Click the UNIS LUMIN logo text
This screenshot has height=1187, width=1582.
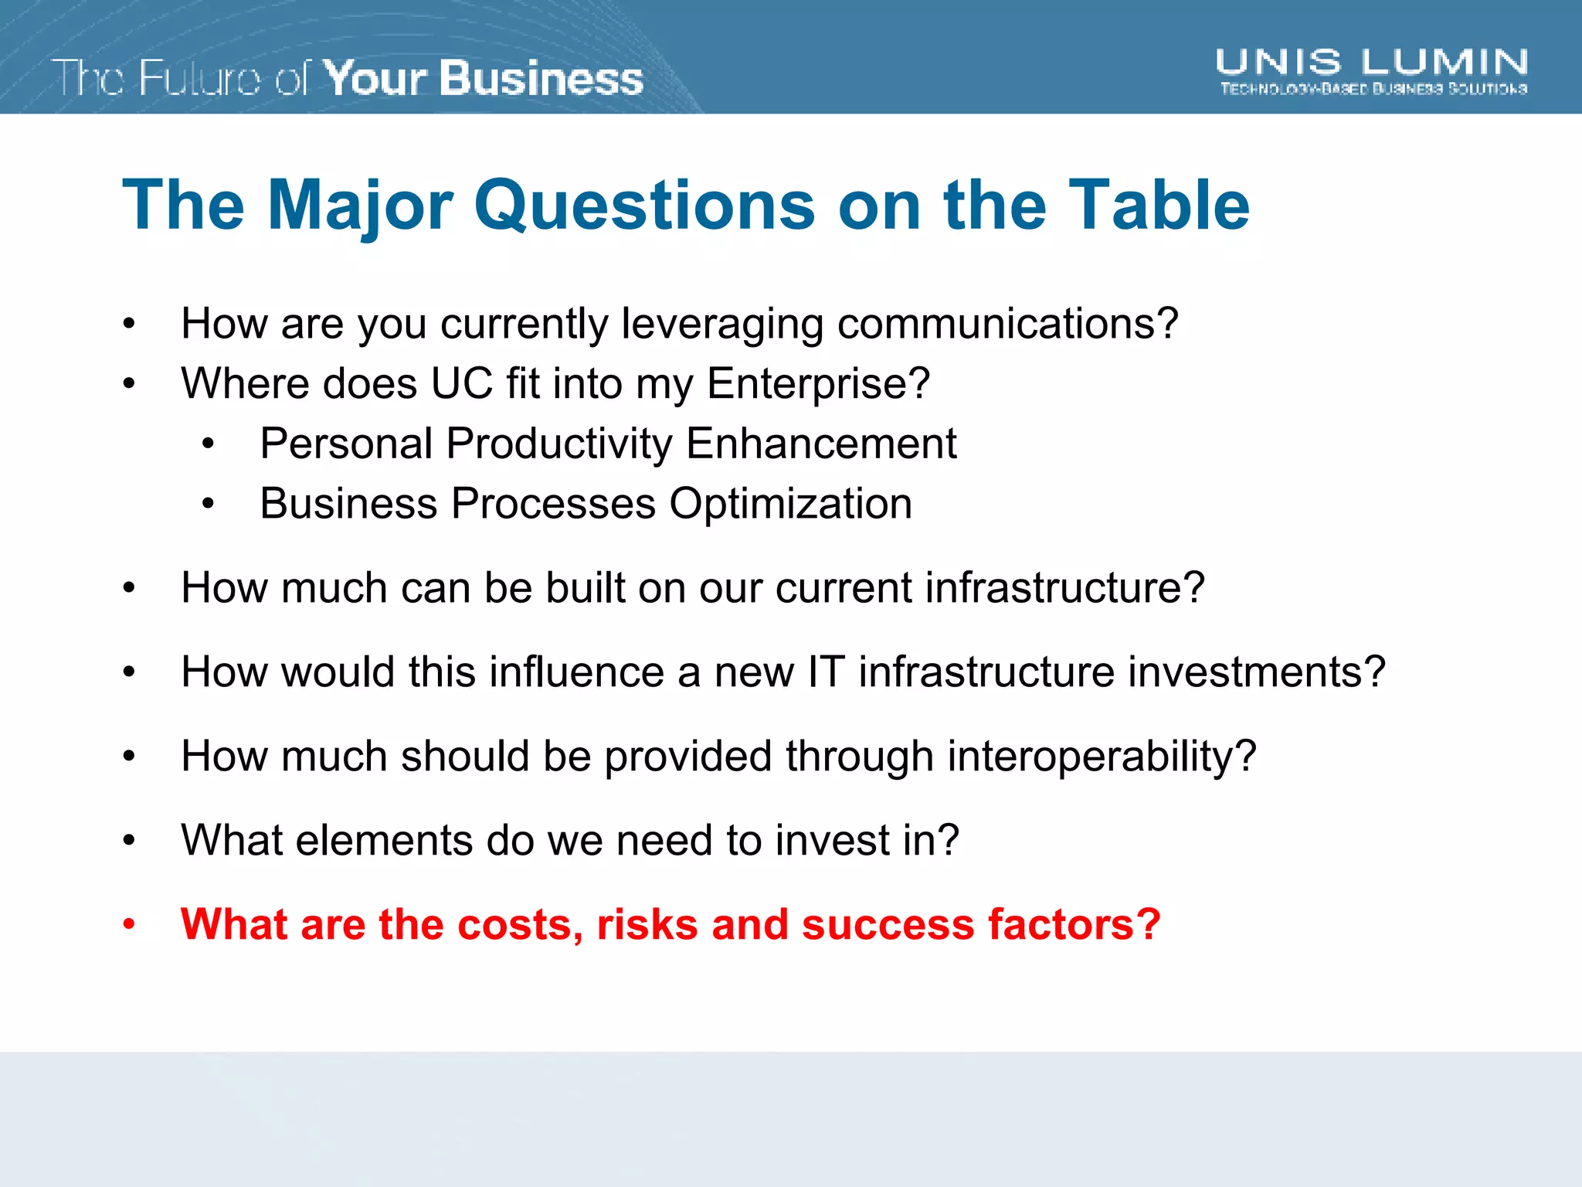tap(1371, 62)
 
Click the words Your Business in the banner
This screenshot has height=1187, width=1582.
tap(483, 78)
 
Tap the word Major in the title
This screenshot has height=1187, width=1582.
tap(360, 205)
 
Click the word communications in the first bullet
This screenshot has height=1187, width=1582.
tap(1007, 323)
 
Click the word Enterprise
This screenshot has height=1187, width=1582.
tap(817, 383)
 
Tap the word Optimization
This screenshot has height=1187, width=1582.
tap(790, 504)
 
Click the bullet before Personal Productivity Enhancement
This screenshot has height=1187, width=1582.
tap(208, 444)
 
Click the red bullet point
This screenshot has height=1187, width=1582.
tap(129, 925)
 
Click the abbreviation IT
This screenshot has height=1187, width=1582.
tap(826, 672)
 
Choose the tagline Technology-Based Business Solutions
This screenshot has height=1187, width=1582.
tap(1373, 89)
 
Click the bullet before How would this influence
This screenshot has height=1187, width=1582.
tap(129, 672)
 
